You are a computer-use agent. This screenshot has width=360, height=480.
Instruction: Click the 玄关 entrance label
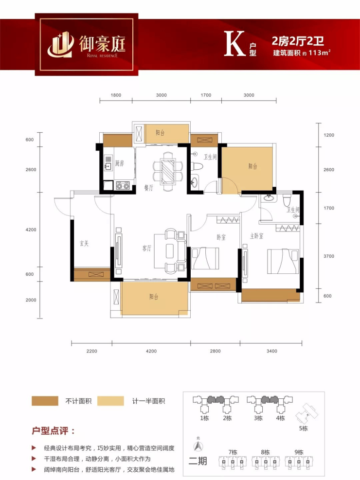84,243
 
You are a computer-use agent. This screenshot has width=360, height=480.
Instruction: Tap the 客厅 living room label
146,248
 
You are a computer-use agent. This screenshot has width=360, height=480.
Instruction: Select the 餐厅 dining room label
148,188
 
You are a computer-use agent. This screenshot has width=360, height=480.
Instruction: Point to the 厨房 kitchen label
119,163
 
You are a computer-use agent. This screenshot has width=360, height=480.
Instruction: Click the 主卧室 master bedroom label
256,236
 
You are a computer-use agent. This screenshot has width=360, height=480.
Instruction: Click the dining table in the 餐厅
168,171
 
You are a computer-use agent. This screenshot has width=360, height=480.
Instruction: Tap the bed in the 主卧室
283,261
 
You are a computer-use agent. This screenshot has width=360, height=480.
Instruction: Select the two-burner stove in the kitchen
123,185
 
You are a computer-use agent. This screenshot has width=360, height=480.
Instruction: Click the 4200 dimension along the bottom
151,351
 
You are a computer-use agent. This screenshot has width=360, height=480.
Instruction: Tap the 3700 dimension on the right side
329,256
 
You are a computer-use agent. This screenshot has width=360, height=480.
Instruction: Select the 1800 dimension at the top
116,95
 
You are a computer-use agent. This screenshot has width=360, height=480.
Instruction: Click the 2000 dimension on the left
31,300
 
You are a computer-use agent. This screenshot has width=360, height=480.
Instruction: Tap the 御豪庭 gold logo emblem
61,45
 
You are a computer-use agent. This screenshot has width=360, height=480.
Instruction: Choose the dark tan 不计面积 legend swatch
45,401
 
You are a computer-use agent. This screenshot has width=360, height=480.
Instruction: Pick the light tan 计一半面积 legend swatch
110,401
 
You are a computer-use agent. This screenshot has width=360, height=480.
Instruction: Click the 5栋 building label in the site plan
304,428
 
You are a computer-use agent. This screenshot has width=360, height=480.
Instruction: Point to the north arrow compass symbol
198,446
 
